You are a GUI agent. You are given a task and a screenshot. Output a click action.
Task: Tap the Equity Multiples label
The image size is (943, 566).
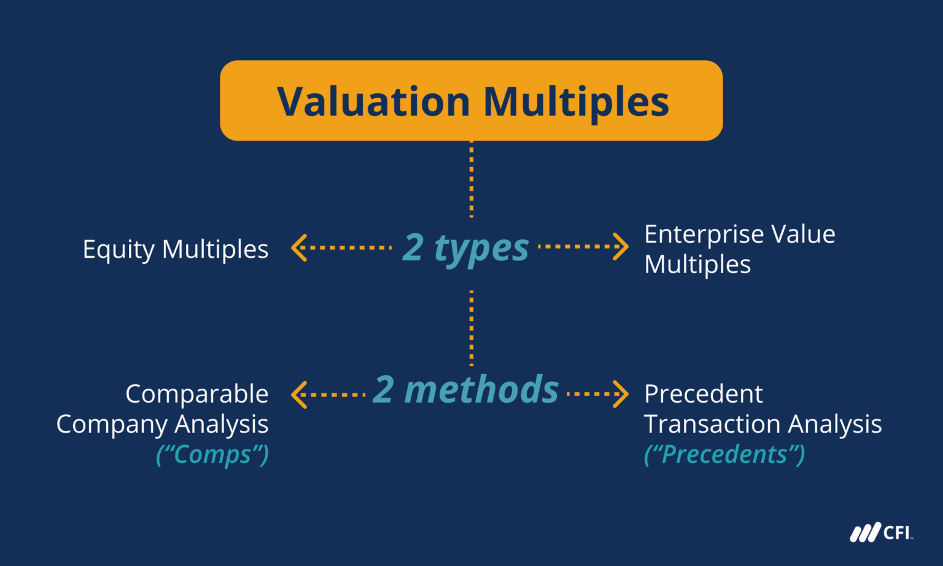(176, 249)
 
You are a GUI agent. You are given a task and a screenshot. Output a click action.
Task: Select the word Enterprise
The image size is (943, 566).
(704, 235)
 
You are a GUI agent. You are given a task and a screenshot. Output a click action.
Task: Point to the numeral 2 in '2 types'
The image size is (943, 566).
(413, 247)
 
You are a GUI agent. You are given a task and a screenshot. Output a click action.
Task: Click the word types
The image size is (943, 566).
(481, 249)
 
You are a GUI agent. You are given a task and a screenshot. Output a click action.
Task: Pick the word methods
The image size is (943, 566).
(481, 390)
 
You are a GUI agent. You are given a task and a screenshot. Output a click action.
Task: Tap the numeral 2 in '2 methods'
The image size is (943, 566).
(383, 390)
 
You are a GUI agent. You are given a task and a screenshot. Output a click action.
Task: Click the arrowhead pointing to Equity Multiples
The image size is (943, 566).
(299, 247)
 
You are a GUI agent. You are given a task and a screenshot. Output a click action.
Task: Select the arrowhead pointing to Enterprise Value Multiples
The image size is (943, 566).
(621, 247)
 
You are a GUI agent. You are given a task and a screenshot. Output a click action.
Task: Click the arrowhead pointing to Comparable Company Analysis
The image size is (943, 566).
(299, 394)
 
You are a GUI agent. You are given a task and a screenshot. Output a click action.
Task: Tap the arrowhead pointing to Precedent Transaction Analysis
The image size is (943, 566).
(621, 393)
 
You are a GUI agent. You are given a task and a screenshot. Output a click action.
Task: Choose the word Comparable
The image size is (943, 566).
(196, 394)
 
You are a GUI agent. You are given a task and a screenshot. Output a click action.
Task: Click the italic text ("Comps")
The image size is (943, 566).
(212, 455)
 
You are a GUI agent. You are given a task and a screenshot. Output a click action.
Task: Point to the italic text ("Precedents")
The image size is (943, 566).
(724, 455)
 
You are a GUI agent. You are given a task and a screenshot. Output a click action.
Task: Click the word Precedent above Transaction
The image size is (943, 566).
(704, 394)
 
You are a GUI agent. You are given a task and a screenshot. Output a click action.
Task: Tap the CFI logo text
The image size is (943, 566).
(896, 532)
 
